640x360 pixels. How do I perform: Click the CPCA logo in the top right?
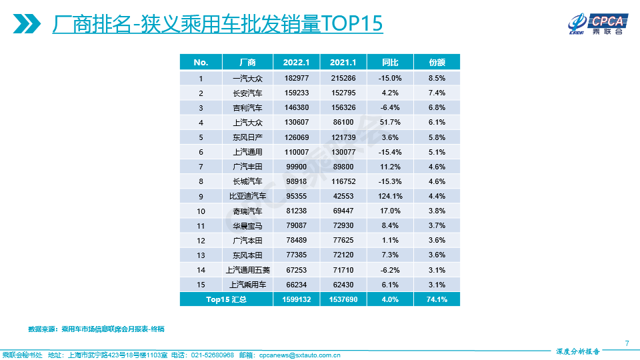click(595, 24)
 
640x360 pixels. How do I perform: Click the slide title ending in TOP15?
click(217, 24)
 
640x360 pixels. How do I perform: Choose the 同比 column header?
click(390, 63)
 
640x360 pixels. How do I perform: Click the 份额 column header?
click(437, 63)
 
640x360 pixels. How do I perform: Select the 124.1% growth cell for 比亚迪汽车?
click(390, 196)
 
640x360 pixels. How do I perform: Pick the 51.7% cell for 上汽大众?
click(390, 123)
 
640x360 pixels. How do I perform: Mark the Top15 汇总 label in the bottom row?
click(225, 300)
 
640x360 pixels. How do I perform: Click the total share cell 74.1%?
click(437, 300)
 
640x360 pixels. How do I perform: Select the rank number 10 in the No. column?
click(201, 211)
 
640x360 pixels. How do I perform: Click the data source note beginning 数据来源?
click(96, 329)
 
